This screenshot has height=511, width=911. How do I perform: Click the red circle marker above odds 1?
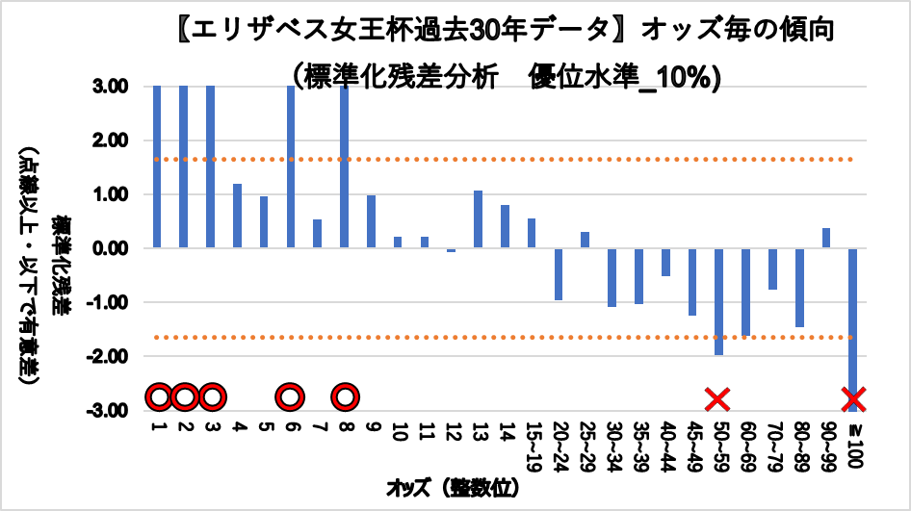click(x=159, y=396)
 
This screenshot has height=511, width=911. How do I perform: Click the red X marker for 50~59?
click(x=717, y=397)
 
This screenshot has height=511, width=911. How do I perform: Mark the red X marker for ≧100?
click(x=853, y=397)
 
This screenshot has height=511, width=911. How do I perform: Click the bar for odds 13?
click(x=478, y=219)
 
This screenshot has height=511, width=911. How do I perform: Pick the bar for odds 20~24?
click(x=558, y=274)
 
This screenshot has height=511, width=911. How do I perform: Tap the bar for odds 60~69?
click(x=745, y=292)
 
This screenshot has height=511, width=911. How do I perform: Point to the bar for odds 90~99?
click(x=826, y=238)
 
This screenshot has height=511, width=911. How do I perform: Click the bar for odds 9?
click(x=371, y=221)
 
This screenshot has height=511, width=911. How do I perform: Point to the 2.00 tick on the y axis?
click(x=112, y=141)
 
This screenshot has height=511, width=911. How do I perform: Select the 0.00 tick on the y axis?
click(x=112, y=248)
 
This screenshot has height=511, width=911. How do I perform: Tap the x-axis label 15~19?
click(x=532, y=440)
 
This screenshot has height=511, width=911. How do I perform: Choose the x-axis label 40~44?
click(x=664, y=442)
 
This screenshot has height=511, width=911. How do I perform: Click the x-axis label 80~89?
click(x=799, y=442)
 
